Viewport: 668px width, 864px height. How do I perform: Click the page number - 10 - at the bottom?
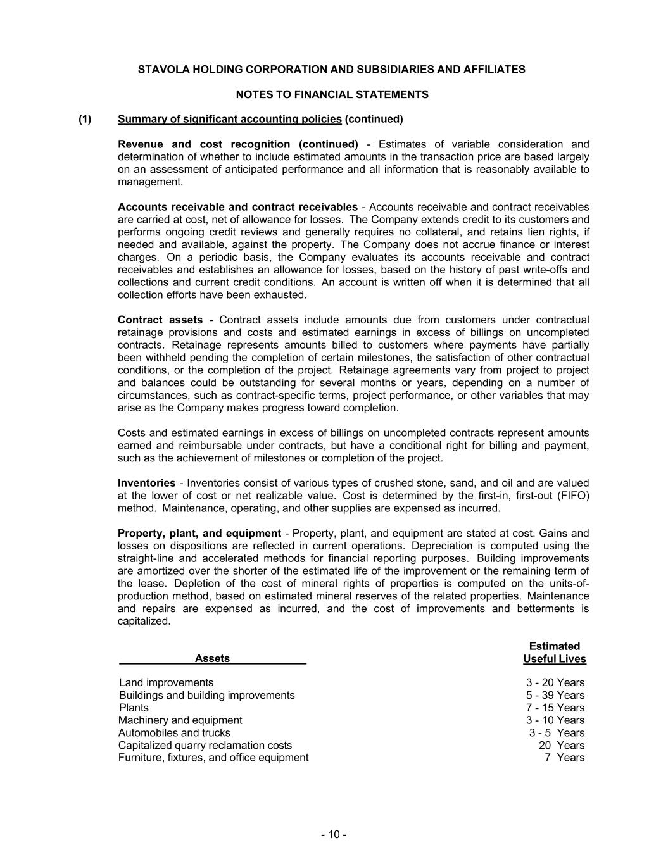[333, 835]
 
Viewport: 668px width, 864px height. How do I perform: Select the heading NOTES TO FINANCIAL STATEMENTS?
[332, 94]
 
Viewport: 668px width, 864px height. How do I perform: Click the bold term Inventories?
[146, 483]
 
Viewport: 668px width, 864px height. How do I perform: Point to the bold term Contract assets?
[160, 320]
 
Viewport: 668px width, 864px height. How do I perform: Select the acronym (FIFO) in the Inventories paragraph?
[574, 496]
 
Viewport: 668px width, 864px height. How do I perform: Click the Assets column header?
[212, 659]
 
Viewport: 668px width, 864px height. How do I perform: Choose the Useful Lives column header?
[554, 659]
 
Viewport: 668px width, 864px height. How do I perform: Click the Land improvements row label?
[166, 682]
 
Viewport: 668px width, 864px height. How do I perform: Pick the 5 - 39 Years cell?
[555, 695]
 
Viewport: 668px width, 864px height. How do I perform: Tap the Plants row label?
[134, 708]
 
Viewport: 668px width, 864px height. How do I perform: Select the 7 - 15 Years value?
[555, 708]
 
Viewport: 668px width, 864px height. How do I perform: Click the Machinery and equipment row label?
[180, 720]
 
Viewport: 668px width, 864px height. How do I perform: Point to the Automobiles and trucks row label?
[174, 733]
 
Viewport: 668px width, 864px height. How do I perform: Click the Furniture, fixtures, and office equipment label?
[213, 758]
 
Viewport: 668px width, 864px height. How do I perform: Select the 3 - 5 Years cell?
[557, 733]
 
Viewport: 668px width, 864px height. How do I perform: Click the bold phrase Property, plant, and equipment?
[199, 534]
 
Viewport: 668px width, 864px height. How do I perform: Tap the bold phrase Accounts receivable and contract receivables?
[237, 207]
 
